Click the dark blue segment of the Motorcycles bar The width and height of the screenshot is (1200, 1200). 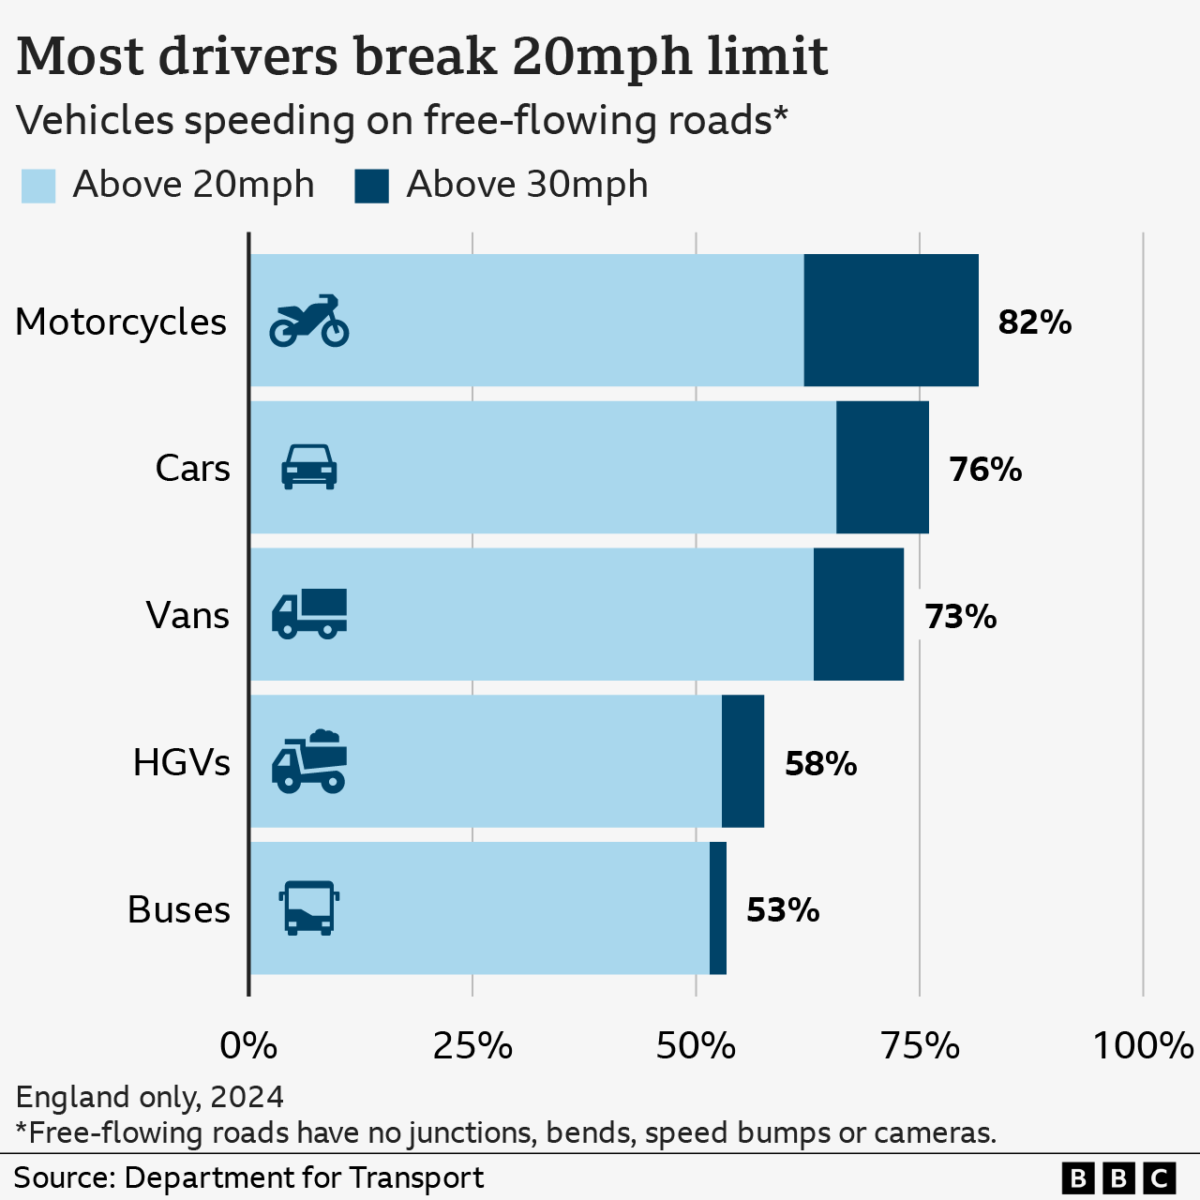(891, 320)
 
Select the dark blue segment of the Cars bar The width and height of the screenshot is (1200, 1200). (882, 467)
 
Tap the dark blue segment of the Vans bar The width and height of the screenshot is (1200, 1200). (858, 614)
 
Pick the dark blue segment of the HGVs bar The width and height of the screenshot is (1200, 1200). (742, 761)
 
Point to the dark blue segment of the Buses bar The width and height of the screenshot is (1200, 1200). (718, 907)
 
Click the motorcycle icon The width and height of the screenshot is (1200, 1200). (309, 321)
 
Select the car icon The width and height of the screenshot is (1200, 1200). (309, 467)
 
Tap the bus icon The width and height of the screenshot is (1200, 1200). (309, 907)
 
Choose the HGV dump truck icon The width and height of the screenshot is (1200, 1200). (309, 761)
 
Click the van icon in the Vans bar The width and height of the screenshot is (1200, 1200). (309, 614)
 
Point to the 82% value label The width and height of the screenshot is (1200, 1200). (1034, 322)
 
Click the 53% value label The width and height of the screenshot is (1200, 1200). (783, 910)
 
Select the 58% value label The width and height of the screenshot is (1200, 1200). (820, 764)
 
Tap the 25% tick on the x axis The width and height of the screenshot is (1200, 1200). (472, 1045)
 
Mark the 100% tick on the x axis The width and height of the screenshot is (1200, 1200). (1142, 1045)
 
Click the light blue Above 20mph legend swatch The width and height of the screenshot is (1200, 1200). (38, 186)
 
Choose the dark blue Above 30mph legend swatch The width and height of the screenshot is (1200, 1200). (371, 186)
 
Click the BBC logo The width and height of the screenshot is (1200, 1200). (1118, 1177)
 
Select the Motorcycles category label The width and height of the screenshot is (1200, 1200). (121, 322)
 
